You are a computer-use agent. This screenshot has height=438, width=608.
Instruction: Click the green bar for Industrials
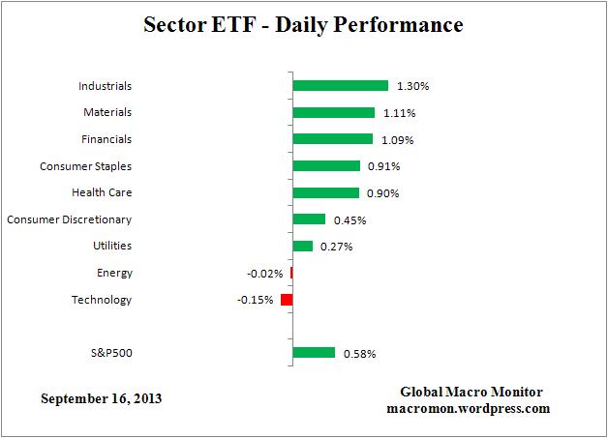[x=340, y=86]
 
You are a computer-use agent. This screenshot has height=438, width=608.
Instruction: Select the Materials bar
[x=333, y=113]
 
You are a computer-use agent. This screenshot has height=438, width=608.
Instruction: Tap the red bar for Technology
[x=287, y=300]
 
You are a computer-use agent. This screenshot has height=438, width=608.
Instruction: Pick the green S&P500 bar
[x=314, y=353]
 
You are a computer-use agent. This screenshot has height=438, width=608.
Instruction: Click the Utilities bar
[x=303, y=246]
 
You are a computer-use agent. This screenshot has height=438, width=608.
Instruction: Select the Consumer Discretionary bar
[x=309, y=219]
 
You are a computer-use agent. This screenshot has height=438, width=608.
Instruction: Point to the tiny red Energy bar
[x=291, y=273]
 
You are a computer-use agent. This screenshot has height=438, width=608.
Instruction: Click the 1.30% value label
[x=413, y=86]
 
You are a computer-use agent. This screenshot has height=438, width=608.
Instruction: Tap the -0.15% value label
[x=255, y=300]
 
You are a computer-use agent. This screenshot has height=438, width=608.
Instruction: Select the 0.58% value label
[x=359, y=354]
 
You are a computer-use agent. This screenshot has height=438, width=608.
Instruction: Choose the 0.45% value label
[x=350, y=219]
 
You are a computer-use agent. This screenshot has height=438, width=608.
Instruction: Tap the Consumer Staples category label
[x=85, y=166]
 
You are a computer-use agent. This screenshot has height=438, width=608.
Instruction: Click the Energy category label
[x=114, y=273]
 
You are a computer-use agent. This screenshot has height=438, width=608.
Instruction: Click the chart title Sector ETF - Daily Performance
[x=304, y=23]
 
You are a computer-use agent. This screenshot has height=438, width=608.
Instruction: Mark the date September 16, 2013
[x=101, y=398]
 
